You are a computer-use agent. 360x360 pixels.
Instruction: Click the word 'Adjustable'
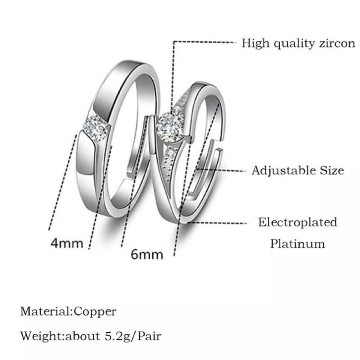(284, 171)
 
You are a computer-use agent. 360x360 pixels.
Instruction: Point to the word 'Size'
(332, 171)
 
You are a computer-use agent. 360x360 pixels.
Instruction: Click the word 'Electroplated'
(297, 222)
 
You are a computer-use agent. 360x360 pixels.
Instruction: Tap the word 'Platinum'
(298, 243)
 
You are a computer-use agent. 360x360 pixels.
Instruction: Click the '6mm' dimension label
(147, 255)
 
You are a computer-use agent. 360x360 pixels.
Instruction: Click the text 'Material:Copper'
(68, 311)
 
